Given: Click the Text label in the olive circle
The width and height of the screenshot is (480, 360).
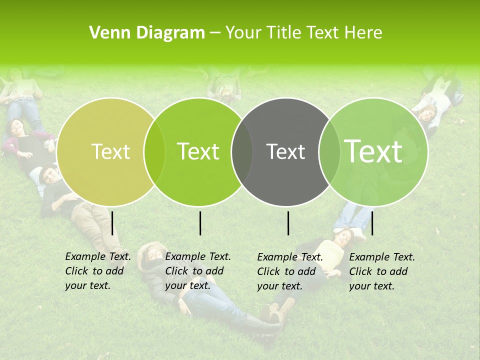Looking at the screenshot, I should [110, 151].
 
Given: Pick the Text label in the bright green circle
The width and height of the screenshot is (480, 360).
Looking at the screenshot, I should [198, 151].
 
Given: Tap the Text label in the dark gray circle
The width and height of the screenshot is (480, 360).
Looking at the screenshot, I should [285, 151].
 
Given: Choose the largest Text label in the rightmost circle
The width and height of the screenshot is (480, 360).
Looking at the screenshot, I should [373, 151].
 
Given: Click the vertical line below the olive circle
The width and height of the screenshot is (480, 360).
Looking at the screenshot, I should [112, 223].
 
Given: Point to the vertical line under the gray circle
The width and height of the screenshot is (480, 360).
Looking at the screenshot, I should [288, 223].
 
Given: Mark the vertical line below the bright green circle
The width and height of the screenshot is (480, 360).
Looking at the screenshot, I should [200, 223].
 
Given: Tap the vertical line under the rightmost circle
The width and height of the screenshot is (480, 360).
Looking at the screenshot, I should [372, 223].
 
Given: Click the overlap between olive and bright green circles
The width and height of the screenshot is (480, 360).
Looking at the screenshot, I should [154, 151].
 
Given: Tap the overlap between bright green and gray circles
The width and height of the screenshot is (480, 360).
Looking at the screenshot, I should [242, 151].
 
